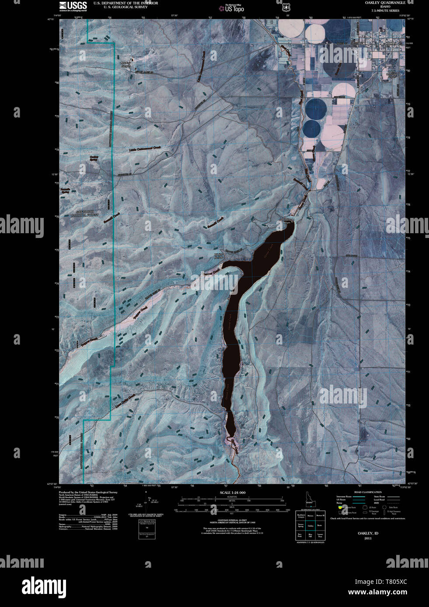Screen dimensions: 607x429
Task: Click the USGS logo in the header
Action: (x=73, y=6)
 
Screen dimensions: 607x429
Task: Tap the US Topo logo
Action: (x=231, y=7)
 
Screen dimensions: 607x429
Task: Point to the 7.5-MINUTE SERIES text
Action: (x=385, y=10)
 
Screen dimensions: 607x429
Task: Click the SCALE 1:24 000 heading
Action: (x=232, y=493)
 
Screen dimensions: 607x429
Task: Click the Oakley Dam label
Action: (x=287, y=221)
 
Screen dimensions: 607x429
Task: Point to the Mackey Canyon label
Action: (x=126, y=64)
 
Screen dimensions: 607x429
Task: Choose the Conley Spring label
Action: (x=94, y=158)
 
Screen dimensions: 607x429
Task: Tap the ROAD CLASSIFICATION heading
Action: (x=367, y=492)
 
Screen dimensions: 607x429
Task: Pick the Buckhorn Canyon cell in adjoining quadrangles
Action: (x=301, y=517)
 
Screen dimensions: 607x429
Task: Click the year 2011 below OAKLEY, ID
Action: (x=367, y=538)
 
